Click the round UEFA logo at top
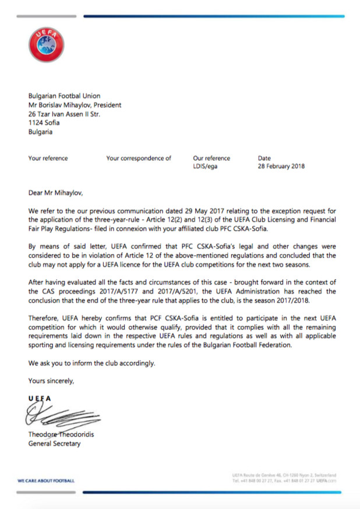click(x=46, y=45)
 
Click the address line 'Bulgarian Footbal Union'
click(x=64, y=96)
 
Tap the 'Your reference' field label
click(x=48, y=158)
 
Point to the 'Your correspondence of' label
click(x=139, y=158)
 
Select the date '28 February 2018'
click(x=281, y=166)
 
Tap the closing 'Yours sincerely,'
click(x=51, y=381)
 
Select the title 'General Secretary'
click(x=55, y=444)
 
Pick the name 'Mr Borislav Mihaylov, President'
click(x=75, y=106)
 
